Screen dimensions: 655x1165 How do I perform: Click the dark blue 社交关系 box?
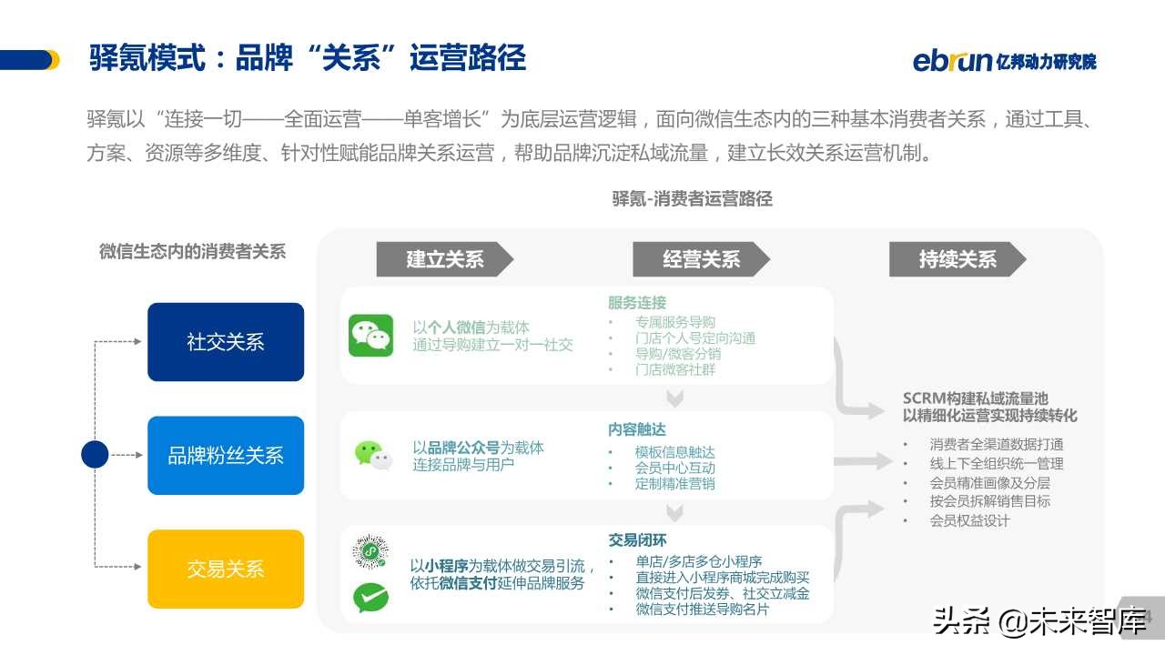(226, 342)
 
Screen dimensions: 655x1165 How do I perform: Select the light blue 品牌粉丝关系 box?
(226, 456)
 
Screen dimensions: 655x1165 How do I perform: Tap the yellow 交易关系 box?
(226, 569)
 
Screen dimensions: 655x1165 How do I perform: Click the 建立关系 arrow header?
(444, 260)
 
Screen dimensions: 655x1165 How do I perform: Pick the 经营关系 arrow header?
(701, 260)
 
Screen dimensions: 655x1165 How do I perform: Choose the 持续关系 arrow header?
(957, 260)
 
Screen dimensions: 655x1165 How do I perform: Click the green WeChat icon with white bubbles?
(371, 336)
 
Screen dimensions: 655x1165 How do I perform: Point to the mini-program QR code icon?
(370, 551)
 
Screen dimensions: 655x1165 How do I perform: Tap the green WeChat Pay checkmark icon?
(370, 597)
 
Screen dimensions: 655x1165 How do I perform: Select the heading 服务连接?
(637, 303)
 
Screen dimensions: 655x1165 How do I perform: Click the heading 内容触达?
(637, 429)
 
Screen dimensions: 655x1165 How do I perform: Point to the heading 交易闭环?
(637, 540)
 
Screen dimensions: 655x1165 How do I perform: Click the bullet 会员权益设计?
(969, 520)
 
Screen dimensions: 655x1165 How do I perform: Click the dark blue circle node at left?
(95, 454)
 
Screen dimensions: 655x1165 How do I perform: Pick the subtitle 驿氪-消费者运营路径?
(692, 198)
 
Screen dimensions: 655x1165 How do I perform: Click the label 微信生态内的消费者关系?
(192, 252)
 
